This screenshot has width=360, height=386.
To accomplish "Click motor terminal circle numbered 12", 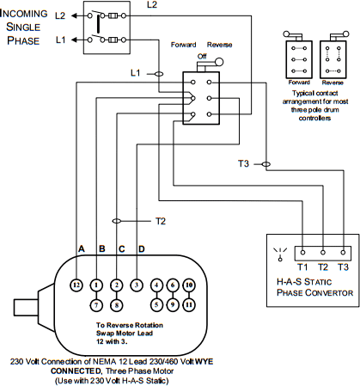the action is click(x=76, y=285).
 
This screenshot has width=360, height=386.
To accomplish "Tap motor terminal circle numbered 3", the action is click(x=137, y=285).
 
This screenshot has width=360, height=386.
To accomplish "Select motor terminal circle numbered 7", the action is click(x=96, y=305).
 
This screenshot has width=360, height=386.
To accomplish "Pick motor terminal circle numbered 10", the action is click(x=189, y=285).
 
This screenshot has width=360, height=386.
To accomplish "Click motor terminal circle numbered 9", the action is click(x=173, y=305).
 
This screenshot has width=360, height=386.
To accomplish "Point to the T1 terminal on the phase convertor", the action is click(x=303, y=253).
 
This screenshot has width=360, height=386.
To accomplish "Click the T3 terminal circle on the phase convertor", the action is click(x=343, y=253).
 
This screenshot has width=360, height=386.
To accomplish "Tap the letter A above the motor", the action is click(x=82, y=248).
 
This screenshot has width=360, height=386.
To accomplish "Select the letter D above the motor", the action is click(x=142, y=248).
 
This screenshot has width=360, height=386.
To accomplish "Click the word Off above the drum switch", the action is click(x=202, y=56).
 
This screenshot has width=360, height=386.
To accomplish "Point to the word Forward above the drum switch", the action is click(x=183, y=45).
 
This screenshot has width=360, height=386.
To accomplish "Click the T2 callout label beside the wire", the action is click(x=161, y=221).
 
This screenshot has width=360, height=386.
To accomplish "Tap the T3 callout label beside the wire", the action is click(x=243, y=163).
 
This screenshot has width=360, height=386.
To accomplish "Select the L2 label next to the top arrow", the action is click(x=60, y=15).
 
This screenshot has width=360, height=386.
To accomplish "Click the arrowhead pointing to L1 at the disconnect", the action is click(x=74, y=40).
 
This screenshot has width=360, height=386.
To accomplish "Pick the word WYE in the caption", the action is click(x=204, y=362).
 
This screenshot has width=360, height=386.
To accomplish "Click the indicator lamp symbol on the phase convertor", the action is click(x=280, y=254).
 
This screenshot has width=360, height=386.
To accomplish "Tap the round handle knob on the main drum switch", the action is click(x=219, y=62).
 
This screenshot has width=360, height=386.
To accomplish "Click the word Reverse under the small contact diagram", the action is click(x=333, y=83).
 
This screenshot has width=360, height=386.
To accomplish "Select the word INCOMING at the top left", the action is click(x=24, y=14).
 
